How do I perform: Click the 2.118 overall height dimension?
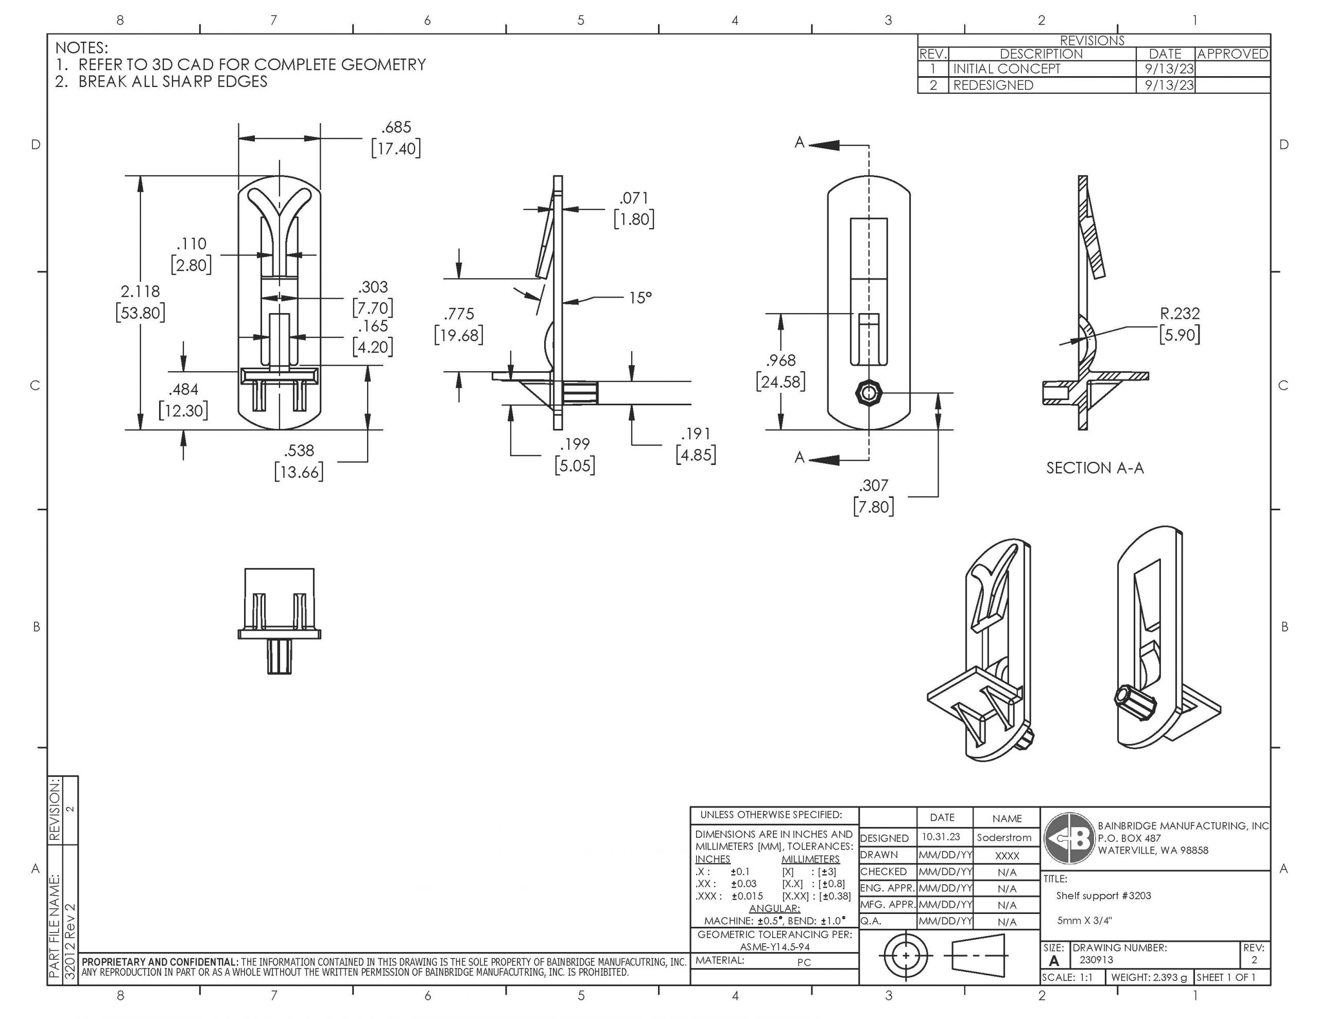(140, 291)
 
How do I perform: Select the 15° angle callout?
(640, 298)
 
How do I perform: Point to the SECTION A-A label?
(1095, 469)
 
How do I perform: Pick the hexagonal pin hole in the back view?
(869, 393)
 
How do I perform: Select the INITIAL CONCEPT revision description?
(1006, 69)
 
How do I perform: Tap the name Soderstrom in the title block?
(1004, 838)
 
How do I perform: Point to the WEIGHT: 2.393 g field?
(1149, 977)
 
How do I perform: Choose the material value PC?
(804, 962)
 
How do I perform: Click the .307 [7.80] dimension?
(873, 486)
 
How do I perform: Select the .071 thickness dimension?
(634, 199)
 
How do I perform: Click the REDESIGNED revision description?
(993, 85)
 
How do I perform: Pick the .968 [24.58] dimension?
(781, 361)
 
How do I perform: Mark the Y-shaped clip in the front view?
(280, 208)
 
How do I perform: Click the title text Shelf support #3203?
(1103, 896)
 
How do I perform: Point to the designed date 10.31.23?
(941, 837)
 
